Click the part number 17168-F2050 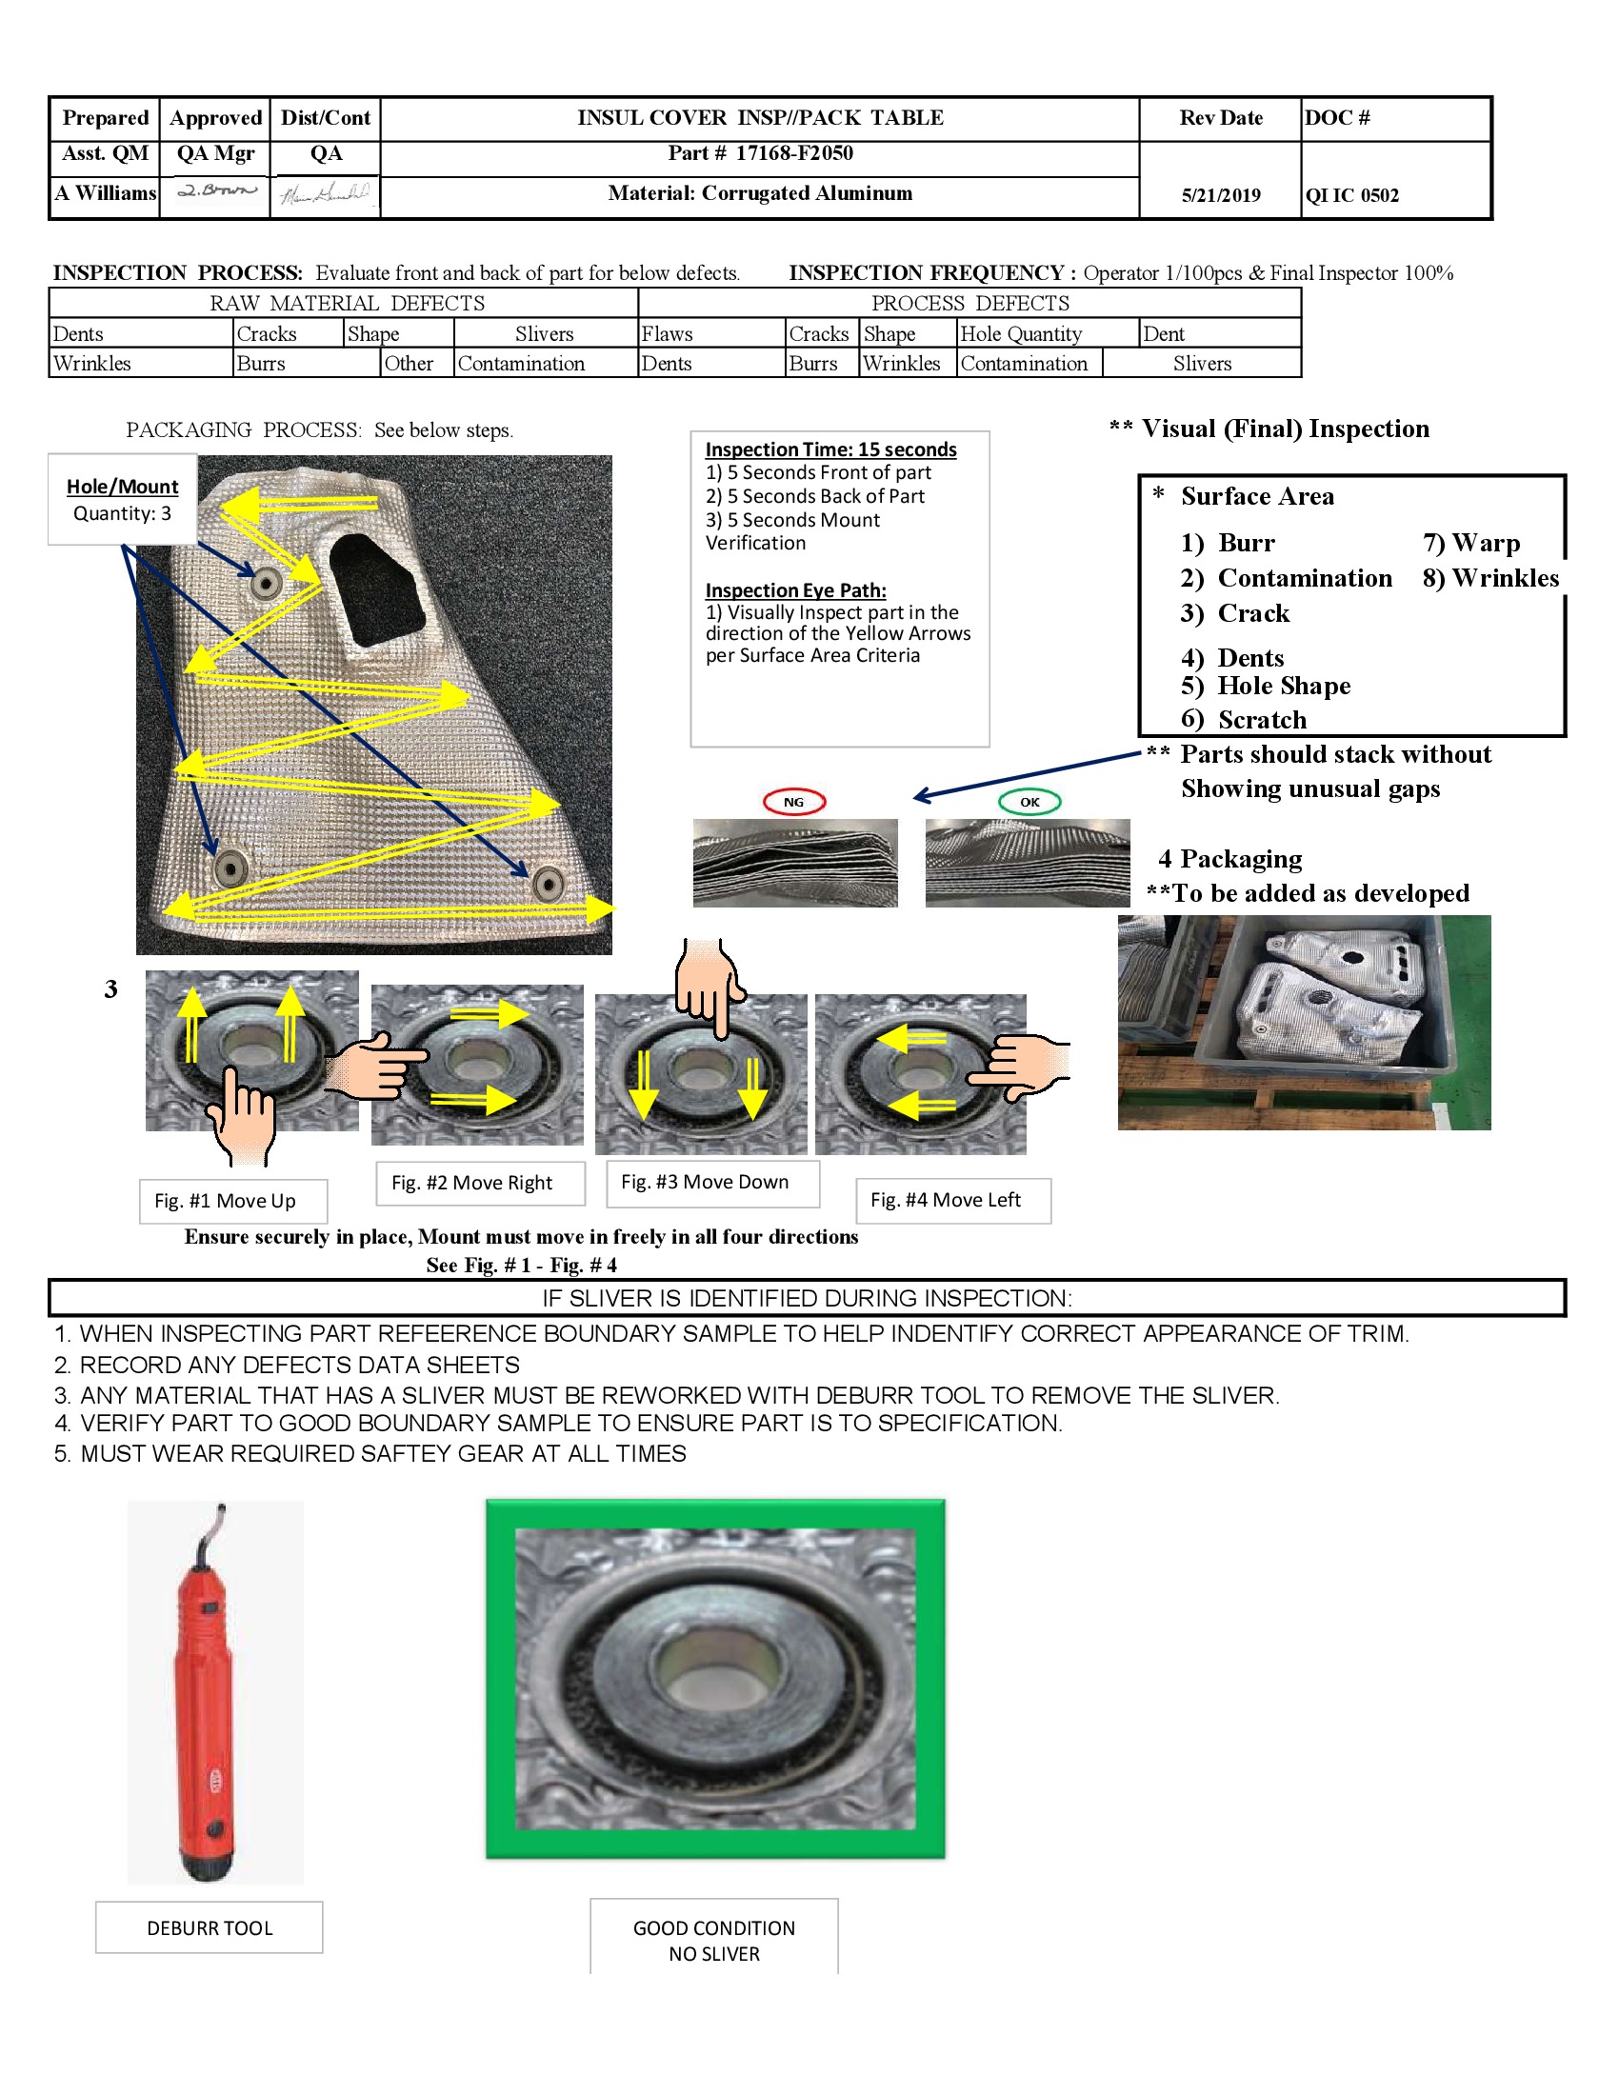[x=793, y=153]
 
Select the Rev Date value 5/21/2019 [x=1220, y=195]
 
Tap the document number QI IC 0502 [x=1351, y=195]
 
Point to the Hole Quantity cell [x=1021, y=334]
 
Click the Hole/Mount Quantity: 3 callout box [x=122, y=500]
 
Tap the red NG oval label [x=793, y=802]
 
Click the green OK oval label [x=1029, y=802]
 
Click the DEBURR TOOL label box [x=210, y=1928]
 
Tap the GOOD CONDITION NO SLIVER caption [x=713, y=1941]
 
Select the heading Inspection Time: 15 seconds [x=830, y=449]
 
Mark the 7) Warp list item [x=1470, y=544]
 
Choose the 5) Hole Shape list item [x=1265, y=686]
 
